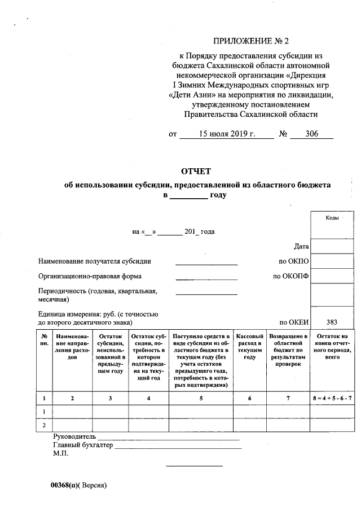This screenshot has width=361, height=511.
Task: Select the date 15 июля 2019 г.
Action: click(227, 134)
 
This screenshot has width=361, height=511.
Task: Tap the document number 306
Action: click(311, 134)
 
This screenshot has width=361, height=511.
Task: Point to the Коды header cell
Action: click(332, 218)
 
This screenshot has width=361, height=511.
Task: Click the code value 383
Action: click(332, 322)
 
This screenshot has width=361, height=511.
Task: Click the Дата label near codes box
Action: click(301, 247)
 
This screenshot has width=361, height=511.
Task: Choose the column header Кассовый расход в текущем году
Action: click(250, 346)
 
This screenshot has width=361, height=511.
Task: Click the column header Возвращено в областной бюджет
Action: click(287, 350)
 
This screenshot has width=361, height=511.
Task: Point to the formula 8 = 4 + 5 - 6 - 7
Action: click(332, 398)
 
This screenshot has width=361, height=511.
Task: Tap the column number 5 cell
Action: click(201, 398)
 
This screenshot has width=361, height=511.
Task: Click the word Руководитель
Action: click(74, 437)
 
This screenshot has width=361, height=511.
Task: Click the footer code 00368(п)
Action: click(65, 485)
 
